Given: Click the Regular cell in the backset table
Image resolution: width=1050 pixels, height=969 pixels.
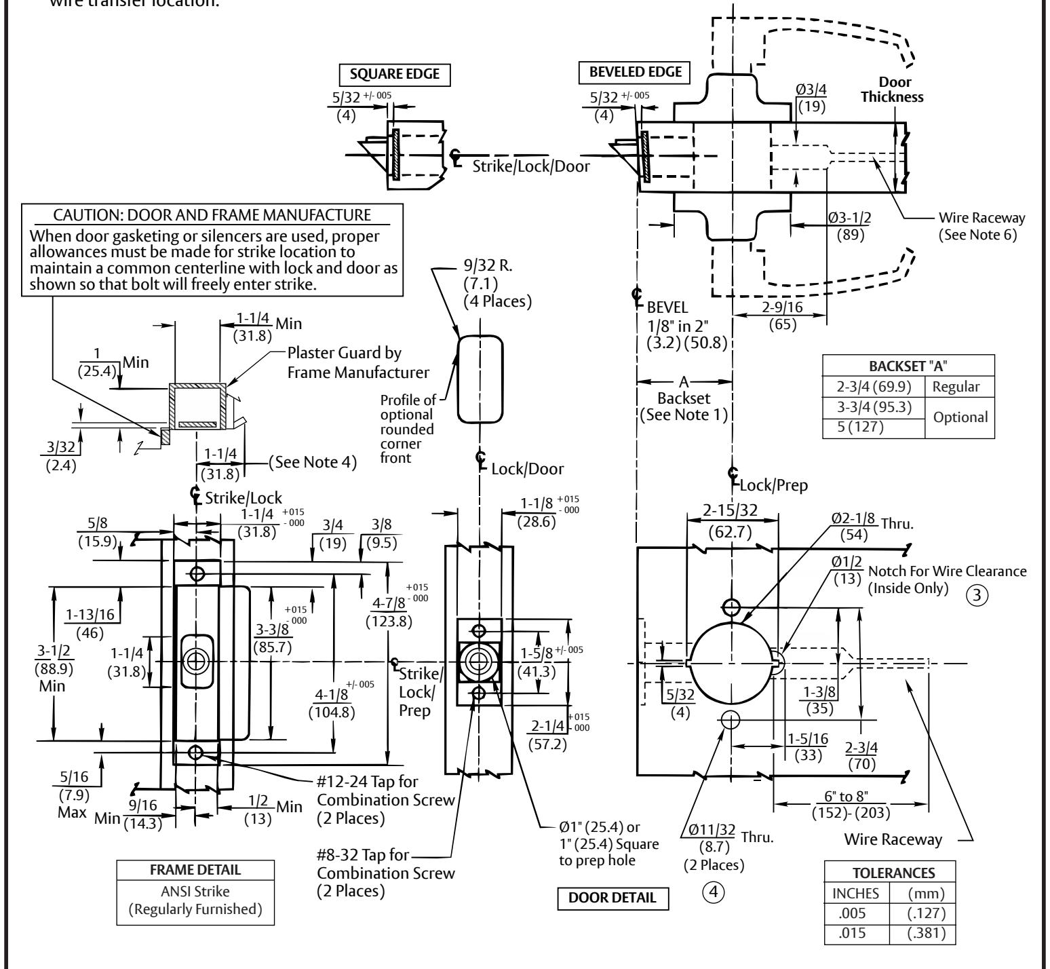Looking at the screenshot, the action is click(x=956, y=387).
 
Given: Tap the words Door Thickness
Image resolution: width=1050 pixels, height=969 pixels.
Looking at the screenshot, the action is click(x=892, y=90).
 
